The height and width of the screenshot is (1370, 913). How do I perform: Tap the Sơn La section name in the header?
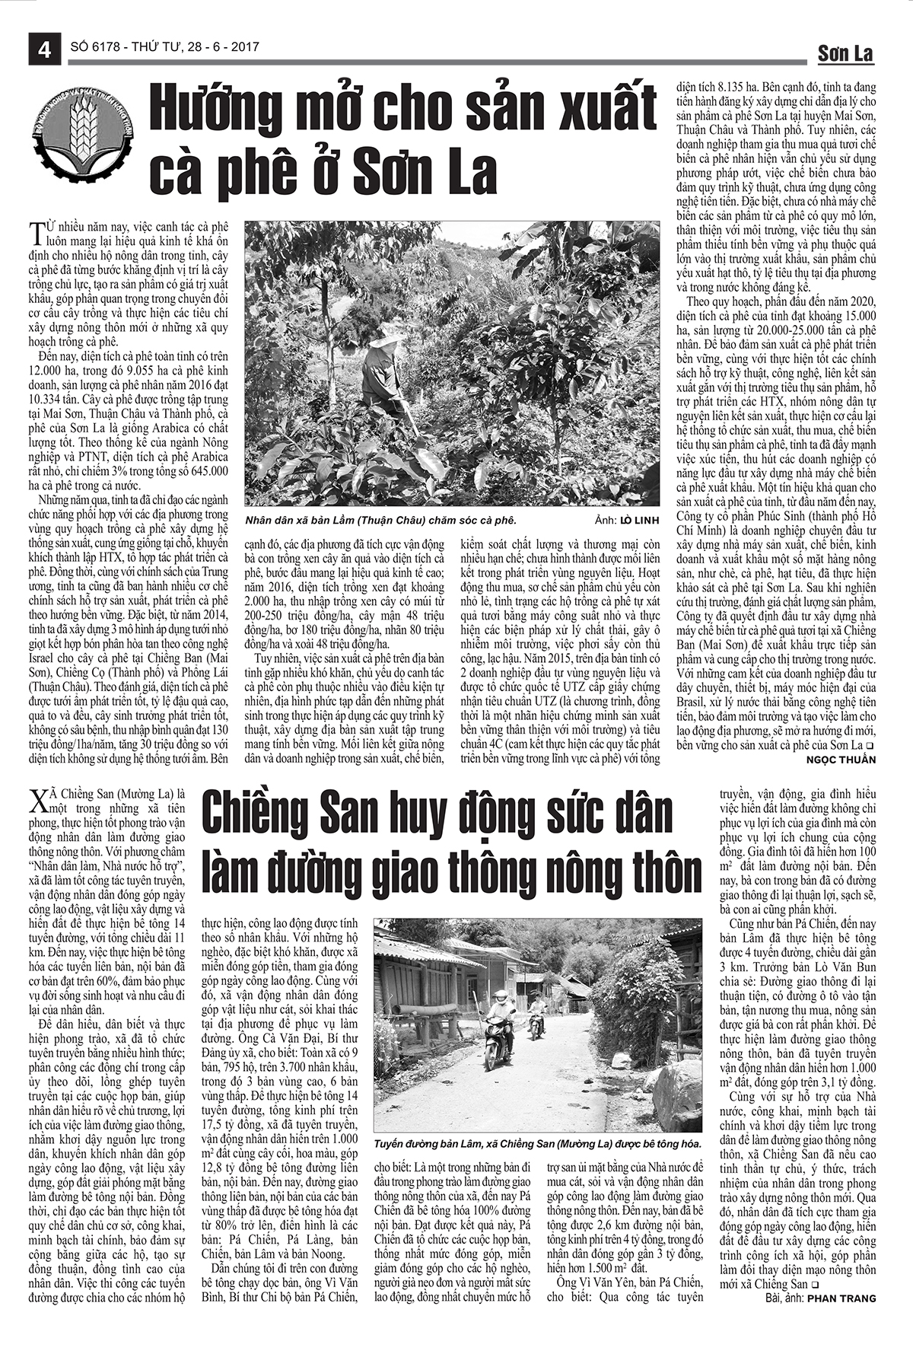coord(845,53)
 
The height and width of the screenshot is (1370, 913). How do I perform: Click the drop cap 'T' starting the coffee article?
coord(34,231)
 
